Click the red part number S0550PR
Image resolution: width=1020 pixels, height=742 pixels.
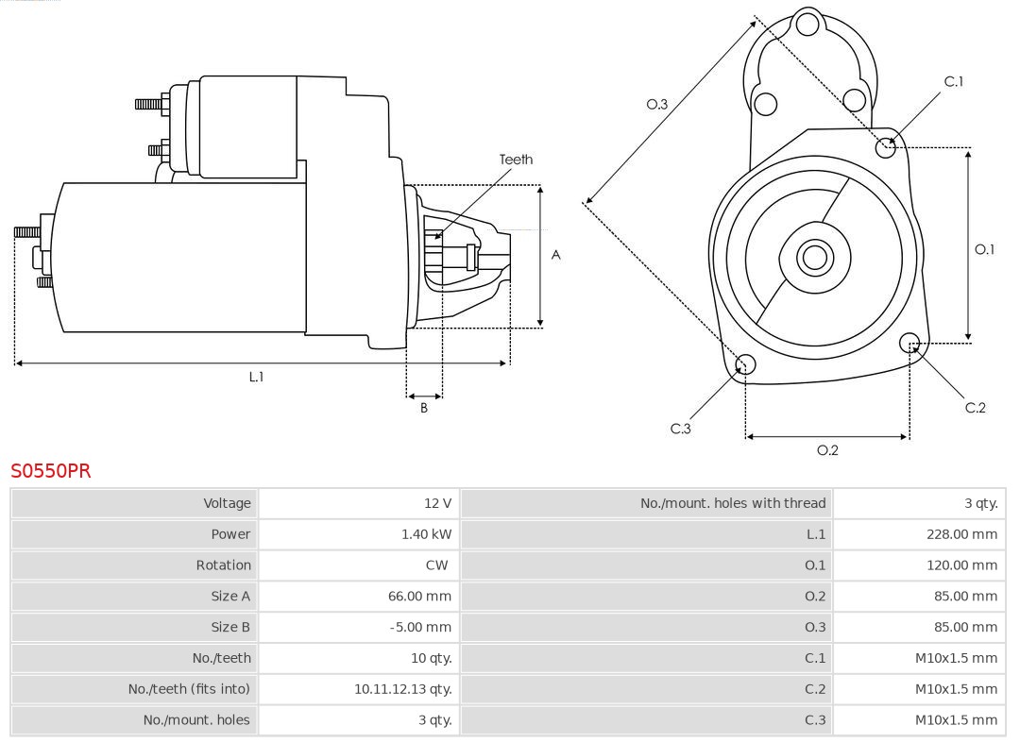click(51, 470)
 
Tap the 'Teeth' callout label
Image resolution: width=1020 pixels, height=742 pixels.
click(516, 160)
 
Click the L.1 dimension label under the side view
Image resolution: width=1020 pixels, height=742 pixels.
click(256, 377)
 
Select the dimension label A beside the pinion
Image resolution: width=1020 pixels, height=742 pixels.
click(555, 255)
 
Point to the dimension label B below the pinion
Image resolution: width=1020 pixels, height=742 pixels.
click(424, 408)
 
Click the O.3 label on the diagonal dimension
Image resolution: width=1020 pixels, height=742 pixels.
click(656, 104)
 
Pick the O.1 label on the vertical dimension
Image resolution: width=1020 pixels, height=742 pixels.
click(984, 249)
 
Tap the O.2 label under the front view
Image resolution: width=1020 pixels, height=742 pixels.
click(827, 450)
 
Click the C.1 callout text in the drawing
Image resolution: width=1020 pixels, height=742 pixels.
click(954, 81)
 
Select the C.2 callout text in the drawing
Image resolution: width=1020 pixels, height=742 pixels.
click(975, 407)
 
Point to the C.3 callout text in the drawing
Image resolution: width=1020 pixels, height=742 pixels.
click(681, 429)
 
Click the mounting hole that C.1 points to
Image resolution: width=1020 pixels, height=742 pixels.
click(886, 146)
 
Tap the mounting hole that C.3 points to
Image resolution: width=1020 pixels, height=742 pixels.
click(745, 365)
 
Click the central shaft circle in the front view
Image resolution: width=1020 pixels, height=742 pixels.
click(813, 257)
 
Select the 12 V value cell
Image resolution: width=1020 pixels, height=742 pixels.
click(437, 503)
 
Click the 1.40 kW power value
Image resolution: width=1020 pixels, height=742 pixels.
click(426, 534)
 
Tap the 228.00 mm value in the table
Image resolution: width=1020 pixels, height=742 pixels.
click(961, 534)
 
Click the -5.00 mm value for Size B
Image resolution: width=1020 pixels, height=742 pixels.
click(420, 627)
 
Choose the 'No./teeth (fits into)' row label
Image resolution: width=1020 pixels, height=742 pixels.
click(189, 689)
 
